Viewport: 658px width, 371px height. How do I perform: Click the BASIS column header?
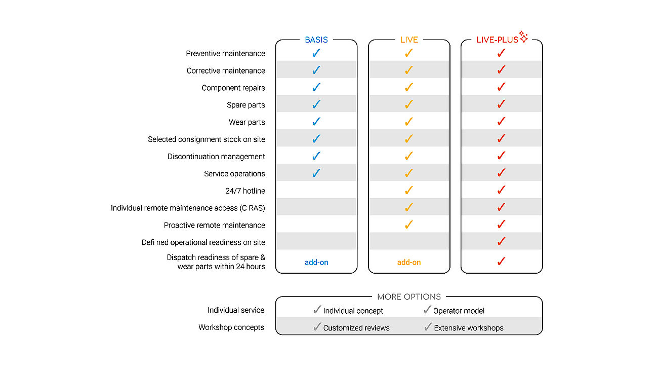[316, 40]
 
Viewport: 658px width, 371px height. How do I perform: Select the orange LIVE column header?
[409, 40]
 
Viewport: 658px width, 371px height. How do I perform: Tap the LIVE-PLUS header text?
[497, 40]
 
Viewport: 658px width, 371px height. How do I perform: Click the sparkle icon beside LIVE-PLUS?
[523, 37]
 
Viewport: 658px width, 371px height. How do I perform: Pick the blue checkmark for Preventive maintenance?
[316, 53]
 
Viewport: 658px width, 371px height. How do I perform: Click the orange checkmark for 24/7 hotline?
[409, 191]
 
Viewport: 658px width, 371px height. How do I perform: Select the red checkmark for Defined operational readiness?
[502, 242]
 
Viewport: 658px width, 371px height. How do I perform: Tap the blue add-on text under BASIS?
[316, 262]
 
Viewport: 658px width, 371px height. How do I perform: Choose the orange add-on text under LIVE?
[409, 262]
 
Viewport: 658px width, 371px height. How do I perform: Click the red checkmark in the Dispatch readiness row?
[502, 261]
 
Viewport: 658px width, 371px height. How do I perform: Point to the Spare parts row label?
[246, 105]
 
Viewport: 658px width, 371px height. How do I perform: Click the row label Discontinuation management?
[216, 157]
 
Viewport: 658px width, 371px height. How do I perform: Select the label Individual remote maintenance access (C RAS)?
[188, 208]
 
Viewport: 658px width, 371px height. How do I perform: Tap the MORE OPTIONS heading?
[409, 296]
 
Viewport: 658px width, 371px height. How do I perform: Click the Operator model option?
[459, 311]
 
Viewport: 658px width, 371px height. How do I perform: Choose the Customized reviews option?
[356, 328]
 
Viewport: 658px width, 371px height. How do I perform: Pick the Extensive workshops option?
[469, 328]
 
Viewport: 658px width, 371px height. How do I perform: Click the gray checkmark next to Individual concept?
[317, 310]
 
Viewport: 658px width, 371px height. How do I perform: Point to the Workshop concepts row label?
[231, 327]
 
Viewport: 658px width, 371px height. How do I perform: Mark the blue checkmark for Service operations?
[316, 173]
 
